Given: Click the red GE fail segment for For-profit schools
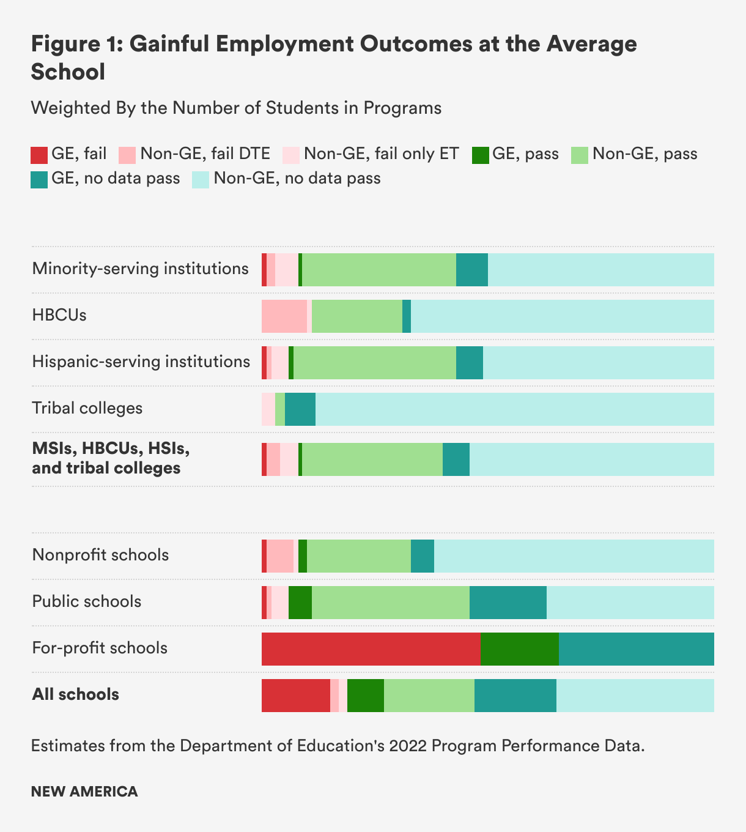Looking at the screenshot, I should tap(371, 649).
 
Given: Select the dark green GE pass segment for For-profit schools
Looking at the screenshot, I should tap(519, 649).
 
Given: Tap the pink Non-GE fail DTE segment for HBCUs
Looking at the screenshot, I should tap(284, 316).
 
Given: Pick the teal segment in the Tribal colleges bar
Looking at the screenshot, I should tap(300, 409).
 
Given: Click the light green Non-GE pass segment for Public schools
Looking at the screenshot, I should tap(390, 603).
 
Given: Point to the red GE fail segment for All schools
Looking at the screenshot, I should tap(295, 696).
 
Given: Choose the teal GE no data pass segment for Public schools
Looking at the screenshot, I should tap(508, 603).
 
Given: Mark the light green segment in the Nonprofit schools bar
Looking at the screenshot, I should tap(358, 556).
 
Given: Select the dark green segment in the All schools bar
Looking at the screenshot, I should tap(365, 696).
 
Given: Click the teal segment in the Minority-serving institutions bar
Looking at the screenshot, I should tap(471, 270).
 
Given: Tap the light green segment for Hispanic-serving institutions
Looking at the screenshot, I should tap(374, 363).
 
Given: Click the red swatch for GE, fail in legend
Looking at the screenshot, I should tap(39, 155).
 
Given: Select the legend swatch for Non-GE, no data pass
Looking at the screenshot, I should tap(201, 180).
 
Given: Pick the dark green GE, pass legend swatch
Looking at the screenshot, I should tap(480, 155).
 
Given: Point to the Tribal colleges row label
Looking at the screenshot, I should tap(87, 408).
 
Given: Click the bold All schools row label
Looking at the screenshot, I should tap(75, 694).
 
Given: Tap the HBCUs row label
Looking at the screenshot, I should tap(59, 315).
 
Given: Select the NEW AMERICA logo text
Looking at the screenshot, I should tap(84, 791).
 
